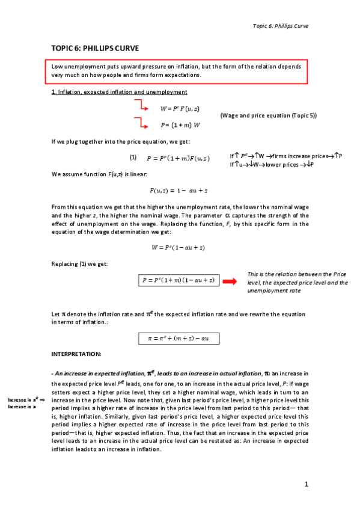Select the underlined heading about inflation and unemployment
pos(119,91)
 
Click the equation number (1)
pos(133,157)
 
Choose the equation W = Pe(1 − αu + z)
pos(179,247)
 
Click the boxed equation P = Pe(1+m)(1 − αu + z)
pos(178,281)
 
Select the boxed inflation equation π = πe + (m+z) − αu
pos(178,339)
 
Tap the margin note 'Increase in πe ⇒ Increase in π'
pos(26,402)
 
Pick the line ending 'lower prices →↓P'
pos(273,165)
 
